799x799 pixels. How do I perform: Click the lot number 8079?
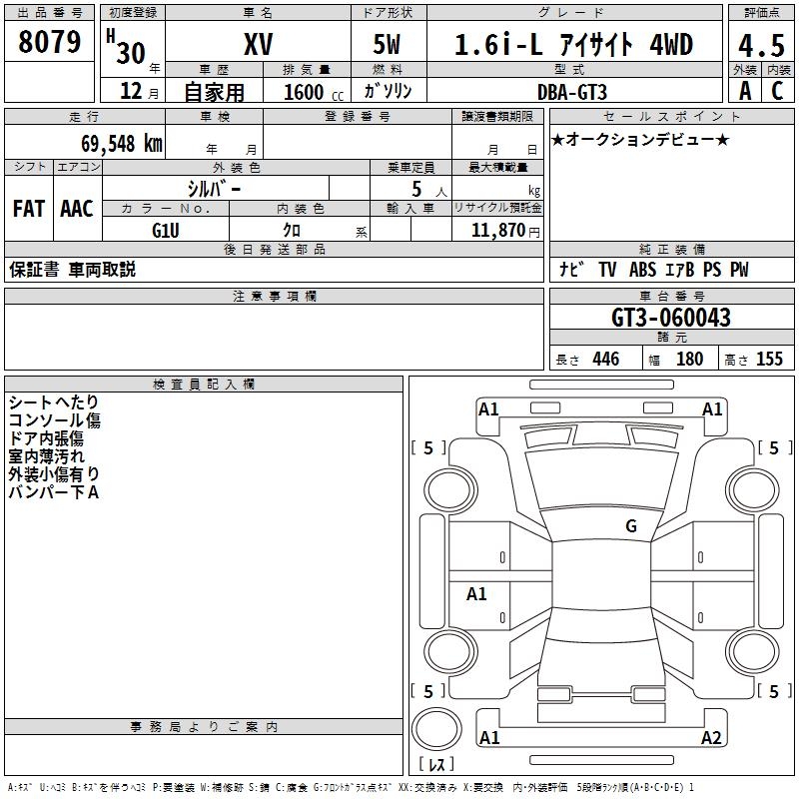click(x=49, y=42)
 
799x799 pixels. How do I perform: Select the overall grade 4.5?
click(x=761, y=46)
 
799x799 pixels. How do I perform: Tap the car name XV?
click(x=259, y=44)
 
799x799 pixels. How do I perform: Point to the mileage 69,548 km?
click(x=122, y=144)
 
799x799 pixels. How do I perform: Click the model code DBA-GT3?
click(x=572, y=92)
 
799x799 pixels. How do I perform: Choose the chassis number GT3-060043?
click(x=670, y=318)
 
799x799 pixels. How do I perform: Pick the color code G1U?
click(x=166, y=231)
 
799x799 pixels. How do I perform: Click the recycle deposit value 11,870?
click(x=497, y=231)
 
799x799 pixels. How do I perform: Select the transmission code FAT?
click(x=29, y=209)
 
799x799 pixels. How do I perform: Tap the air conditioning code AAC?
click(x=77, y=209)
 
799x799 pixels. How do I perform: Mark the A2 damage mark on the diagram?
click(x=711, y=737)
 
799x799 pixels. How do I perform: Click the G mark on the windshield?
click(x=631, y=525)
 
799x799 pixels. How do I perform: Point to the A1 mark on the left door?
click(x=476, y=593)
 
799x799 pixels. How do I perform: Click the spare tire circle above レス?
click(x=436, y=728)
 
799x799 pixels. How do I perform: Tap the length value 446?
click(x=606, y=359)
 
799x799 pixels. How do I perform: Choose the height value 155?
click(x=769, y=359)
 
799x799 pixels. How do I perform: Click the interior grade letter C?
click(x=777, y=91)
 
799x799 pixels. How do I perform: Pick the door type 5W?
click(x=387, y=44)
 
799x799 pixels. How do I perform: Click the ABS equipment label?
click(x=642, y=270)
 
